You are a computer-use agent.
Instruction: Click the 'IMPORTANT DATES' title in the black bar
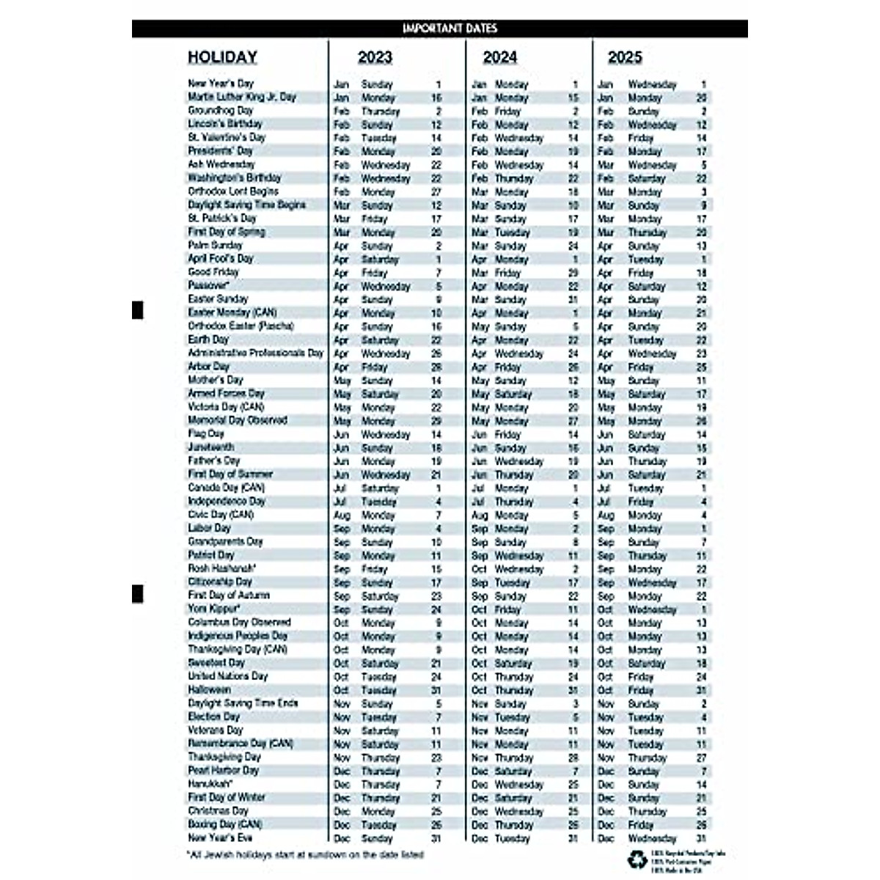[450, 29]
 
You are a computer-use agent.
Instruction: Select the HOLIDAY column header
[222, 57]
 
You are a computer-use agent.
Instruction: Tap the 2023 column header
[375, 57]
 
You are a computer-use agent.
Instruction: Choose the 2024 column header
[499, 57]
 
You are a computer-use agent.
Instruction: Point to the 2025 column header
[624, 57]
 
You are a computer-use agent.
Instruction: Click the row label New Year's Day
[220, 84]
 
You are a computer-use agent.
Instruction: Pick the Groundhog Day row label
[220, 111]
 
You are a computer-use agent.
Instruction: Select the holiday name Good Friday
[213, 272]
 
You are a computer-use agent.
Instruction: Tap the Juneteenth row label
[211, 447]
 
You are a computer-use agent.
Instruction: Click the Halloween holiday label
[209, 690]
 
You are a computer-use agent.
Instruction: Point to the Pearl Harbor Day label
[223, 771]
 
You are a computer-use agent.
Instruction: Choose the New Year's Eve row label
[220, 838]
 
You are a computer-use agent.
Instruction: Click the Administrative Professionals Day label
[255, 353]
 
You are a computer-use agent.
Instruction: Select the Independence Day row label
[227, 502]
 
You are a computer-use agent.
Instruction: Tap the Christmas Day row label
[218, 811]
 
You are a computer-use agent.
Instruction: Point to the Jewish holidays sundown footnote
[305, 855]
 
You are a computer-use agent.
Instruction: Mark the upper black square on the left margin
[137, 310]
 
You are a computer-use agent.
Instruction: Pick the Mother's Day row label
[215, 380]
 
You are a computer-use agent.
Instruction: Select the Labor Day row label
[209, 528]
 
